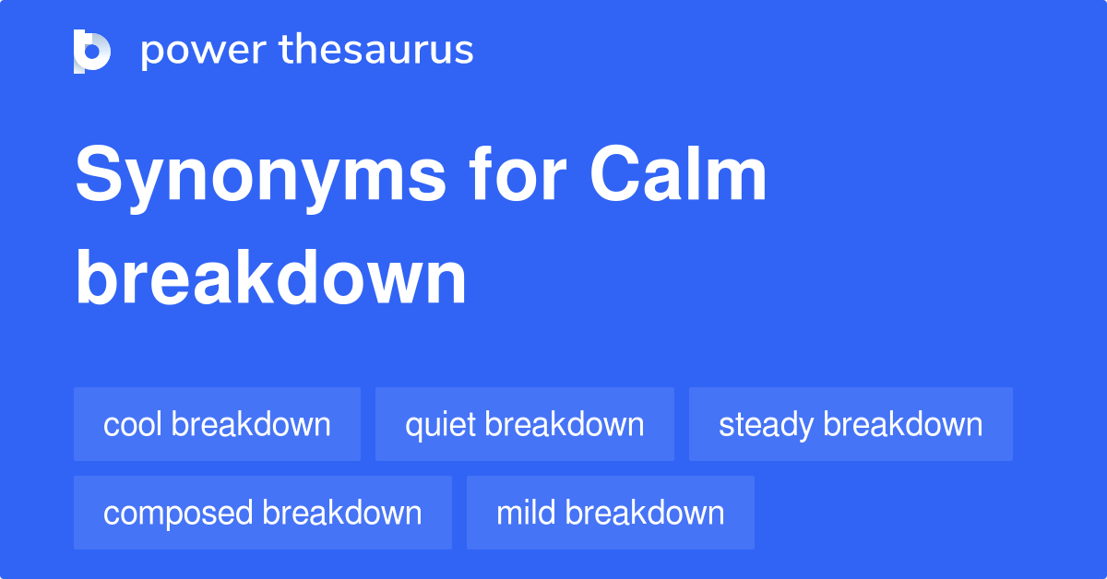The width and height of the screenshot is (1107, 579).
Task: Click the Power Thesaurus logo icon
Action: pos(92,51)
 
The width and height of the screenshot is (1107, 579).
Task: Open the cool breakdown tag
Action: pos(217,424)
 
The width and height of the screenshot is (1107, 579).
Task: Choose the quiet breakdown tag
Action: pos(524,424)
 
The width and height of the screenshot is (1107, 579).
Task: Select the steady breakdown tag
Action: pos(851,424)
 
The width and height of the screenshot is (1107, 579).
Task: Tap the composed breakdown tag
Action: pos(262,513)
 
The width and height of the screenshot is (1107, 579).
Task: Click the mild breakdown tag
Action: pos(610,513)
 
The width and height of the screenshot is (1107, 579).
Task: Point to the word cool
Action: pos(133,425)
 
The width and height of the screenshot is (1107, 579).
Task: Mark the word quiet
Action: pos(440,425)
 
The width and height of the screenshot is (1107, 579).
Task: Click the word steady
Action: pos(767,425)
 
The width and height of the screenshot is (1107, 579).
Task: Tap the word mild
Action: pos(527,513)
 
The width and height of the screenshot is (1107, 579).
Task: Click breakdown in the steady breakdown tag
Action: pos(903,424)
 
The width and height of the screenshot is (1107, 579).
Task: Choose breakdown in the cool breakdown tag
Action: pos(251,424)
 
